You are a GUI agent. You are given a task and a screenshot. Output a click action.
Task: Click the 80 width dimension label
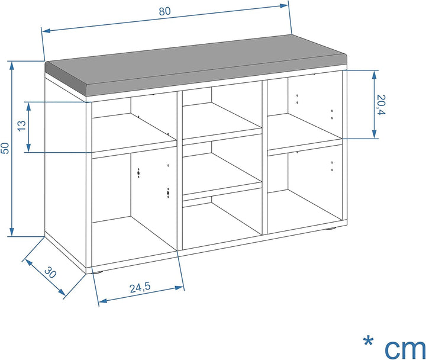pyautogui.click(x=164, y=11)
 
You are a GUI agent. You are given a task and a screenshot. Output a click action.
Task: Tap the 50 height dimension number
pyautogui.click(x=5, y=148)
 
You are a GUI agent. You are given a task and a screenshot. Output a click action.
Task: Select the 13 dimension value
pyautogui.click(x=22, y=126)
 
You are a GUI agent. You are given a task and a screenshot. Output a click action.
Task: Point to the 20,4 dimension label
pyautogui.click(x=381, y=105)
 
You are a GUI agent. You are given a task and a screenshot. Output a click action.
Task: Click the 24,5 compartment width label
pyautogui.click(x=140, y=288)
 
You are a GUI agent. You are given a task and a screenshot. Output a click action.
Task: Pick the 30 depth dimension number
pyautogui.click(x=50, y=272)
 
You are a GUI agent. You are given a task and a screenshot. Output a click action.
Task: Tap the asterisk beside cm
pyautogui.click(x=368, y=341)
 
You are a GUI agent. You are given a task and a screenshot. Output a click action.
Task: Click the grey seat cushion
pyautogui.click(x=196, y=65)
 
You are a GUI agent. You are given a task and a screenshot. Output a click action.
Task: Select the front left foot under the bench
pyautogui.click(x=98, y=271)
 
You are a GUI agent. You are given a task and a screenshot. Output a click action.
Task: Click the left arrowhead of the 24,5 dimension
pyautogui.click(x=103, y=300)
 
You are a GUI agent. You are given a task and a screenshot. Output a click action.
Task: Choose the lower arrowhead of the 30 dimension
pyautogui.click(x=62, y=292)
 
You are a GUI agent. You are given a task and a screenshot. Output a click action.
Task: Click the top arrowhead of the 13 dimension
pyautogui.click(x=28, y=107)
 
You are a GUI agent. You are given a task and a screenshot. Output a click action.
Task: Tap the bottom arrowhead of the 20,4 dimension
pyautogui.click(x=374, y=134)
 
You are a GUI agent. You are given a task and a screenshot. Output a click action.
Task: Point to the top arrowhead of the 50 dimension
pyautogui.click(x=12, y=66)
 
